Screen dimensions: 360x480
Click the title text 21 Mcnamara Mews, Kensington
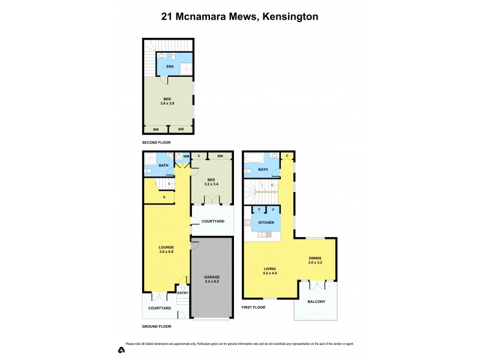pos(239,17)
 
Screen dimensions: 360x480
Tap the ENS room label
pos(170,67)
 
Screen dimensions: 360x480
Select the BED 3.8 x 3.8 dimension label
pos(167,101)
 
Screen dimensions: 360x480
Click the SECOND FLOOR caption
pos(157,143)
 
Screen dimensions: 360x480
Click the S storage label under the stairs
pos(164,197)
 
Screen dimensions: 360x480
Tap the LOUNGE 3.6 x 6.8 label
pos(166,249)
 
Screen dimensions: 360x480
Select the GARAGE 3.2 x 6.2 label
pos(211,280)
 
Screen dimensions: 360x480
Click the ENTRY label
pos(183,293)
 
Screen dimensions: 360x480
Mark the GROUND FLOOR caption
pos(157,326)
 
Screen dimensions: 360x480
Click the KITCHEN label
pos(266,223)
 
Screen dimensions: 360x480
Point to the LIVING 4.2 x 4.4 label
pos(270,271)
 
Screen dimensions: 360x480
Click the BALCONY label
pos(316,302)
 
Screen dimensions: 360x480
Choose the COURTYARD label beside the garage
pos(212,221)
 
